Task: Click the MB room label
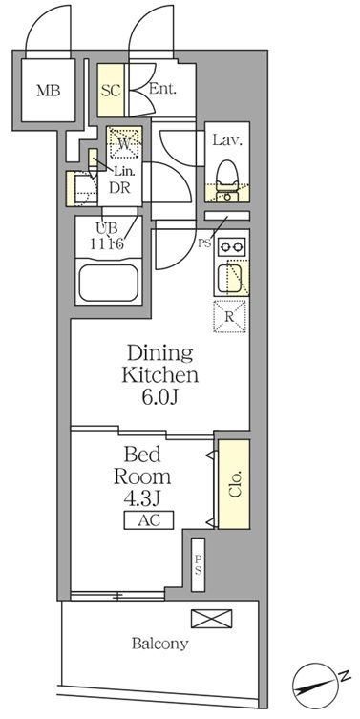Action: tap(48, 91)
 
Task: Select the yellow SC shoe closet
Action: tap(111, 90)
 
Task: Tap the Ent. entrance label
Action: tap(162, 89)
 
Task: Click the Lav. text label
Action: tap(226, 139)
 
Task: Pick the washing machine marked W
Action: tap(124, 143)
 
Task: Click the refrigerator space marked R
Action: tap(230, 316)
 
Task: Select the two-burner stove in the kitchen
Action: tap(232, 246)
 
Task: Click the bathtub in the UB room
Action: tap(109, 282)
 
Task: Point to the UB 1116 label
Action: tap(109, 236)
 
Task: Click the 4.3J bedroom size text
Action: tap(142, 498)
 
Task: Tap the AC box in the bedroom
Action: tap(149, 520)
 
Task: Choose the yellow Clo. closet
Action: tap(234, 484)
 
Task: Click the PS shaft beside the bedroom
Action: tap(198, 565)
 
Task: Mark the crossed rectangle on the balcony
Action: tap(211, 618)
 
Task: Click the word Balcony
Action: tap(159, 644)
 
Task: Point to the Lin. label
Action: tap(124, 173)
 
